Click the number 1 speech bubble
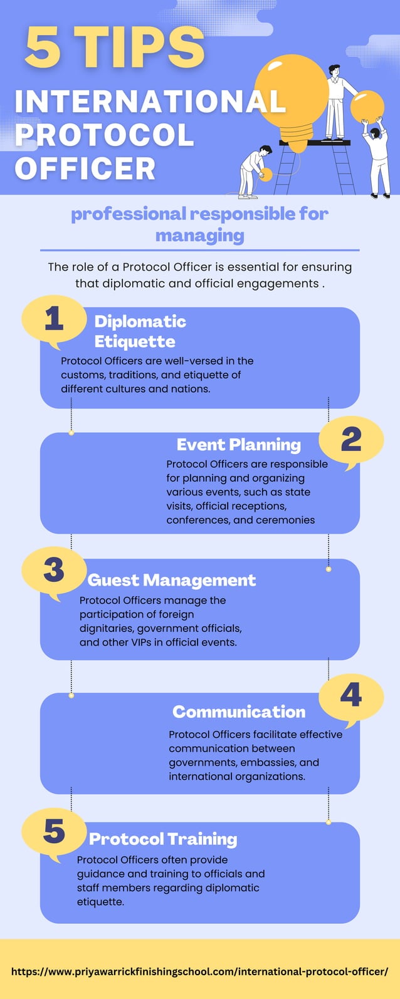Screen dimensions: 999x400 (54, 321)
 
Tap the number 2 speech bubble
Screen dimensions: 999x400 (351, 441)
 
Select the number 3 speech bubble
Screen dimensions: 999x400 (54, 572)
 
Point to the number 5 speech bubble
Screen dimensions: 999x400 (54, 832)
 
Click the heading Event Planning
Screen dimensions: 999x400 (238, 445)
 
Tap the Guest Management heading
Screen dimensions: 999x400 (171, 580)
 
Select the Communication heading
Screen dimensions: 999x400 (239, 712)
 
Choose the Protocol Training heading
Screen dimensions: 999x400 (163, 839)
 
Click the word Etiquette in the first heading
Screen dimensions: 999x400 (135, 341)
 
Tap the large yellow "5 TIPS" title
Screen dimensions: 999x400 (115, 48)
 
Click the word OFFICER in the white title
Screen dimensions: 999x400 (85, 168)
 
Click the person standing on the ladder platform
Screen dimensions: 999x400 (335, 100)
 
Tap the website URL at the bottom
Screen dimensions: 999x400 (199, 971)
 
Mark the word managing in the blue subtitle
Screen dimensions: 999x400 (199, 236)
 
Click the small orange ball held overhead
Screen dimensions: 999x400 (367, 106)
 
